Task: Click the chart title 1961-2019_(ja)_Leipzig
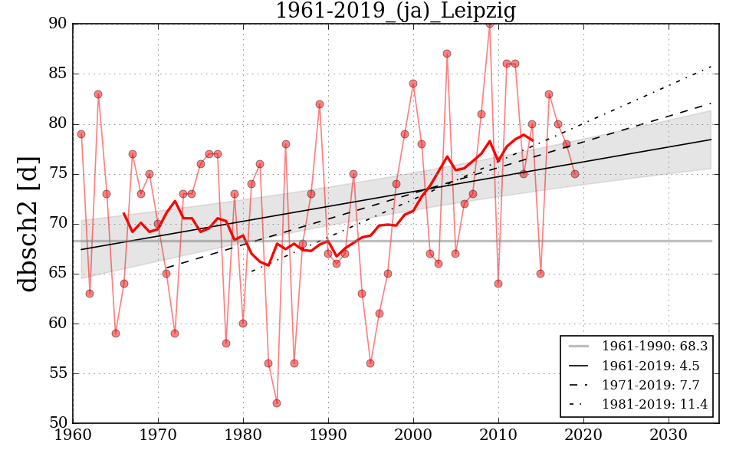coord(396,11)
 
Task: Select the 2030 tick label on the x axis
coord(668,435)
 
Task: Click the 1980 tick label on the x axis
coord(243,435)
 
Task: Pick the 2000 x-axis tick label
coord(413,435)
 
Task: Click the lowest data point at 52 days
coord(277,403)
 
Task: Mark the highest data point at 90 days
coord(489,24)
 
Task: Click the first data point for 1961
coord(81,134)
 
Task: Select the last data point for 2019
coord(574,174)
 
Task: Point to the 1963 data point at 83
coord(98,94)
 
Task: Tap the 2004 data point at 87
coord(447,54)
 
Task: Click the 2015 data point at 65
coord(540,274)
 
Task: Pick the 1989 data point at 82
coord(320,104)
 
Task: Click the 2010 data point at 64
coord(498,284)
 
